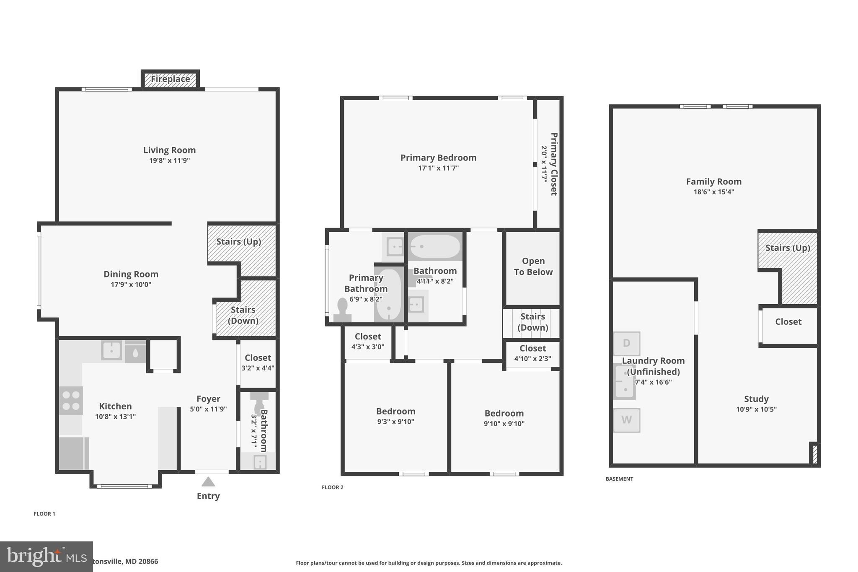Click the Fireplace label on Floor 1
click(170, 79)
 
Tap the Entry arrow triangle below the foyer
click(208, 482)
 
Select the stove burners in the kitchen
click(71, 400)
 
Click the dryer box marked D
click(626, 344)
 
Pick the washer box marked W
click(626, 420)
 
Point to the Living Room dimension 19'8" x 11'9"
click(169, 160)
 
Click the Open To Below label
click(533, 267)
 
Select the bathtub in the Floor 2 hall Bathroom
click(434, 247)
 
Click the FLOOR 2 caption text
click(332, 487)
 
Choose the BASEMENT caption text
click(619, 479)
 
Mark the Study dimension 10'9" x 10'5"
click(756, 409)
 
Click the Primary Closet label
click(553, 164)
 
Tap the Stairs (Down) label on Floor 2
click(532, 322)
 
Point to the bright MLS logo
click(46, 556)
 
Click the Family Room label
click(713, 181)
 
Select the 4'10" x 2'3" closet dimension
click(532, 359)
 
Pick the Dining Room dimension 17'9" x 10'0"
click(131, 285)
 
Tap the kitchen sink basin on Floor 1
click(111, 350)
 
